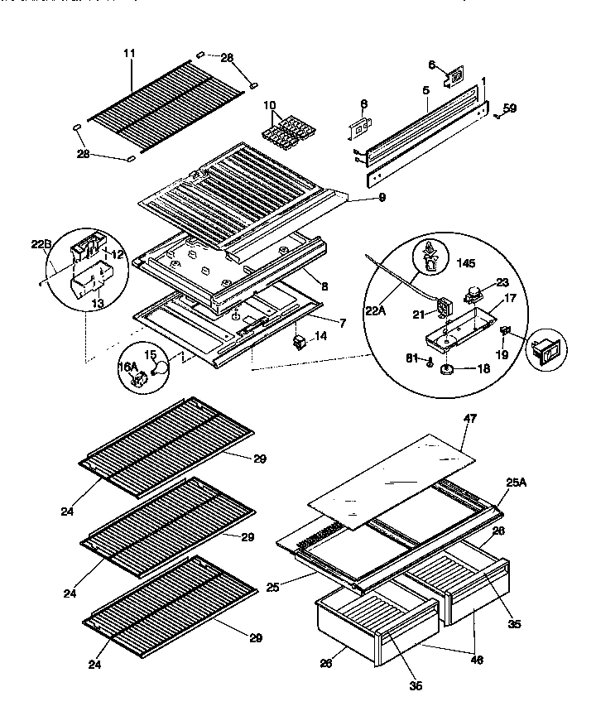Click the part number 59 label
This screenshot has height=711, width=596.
click(x=510, y=108)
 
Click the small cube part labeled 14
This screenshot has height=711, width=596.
click(x=300, y=341)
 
